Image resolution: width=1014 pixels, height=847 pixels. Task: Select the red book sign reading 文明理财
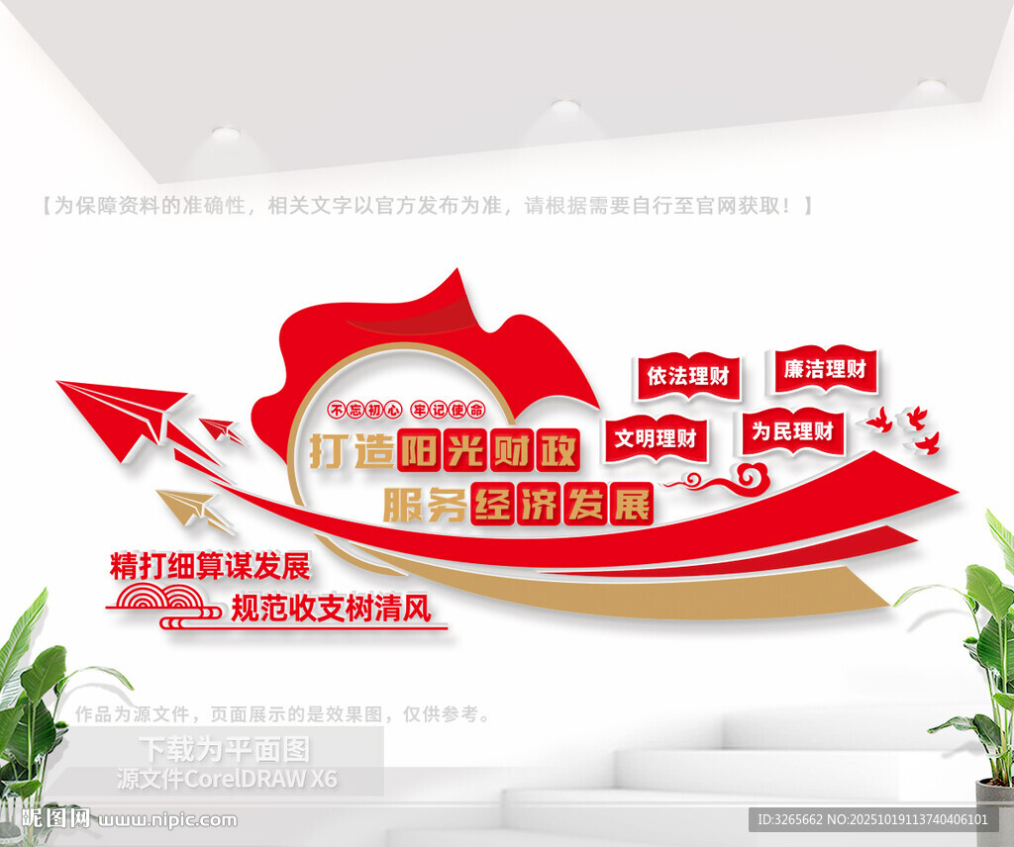656,439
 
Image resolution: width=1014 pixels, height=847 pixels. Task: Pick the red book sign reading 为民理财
792,431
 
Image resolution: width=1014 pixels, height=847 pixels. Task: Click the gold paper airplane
193,509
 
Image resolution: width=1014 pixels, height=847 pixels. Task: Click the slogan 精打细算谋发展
210,566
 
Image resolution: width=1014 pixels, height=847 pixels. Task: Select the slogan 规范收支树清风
331,608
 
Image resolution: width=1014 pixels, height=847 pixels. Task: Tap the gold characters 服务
425,504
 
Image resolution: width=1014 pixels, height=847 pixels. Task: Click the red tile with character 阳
420,449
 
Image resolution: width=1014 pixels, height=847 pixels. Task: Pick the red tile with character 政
558,449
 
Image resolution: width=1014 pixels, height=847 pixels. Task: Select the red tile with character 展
632,504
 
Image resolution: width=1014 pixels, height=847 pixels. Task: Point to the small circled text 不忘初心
365,410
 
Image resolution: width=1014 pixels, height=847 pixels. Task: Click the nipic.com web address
167,820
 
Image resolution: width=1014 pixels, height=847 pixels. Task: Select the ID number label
872,819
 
